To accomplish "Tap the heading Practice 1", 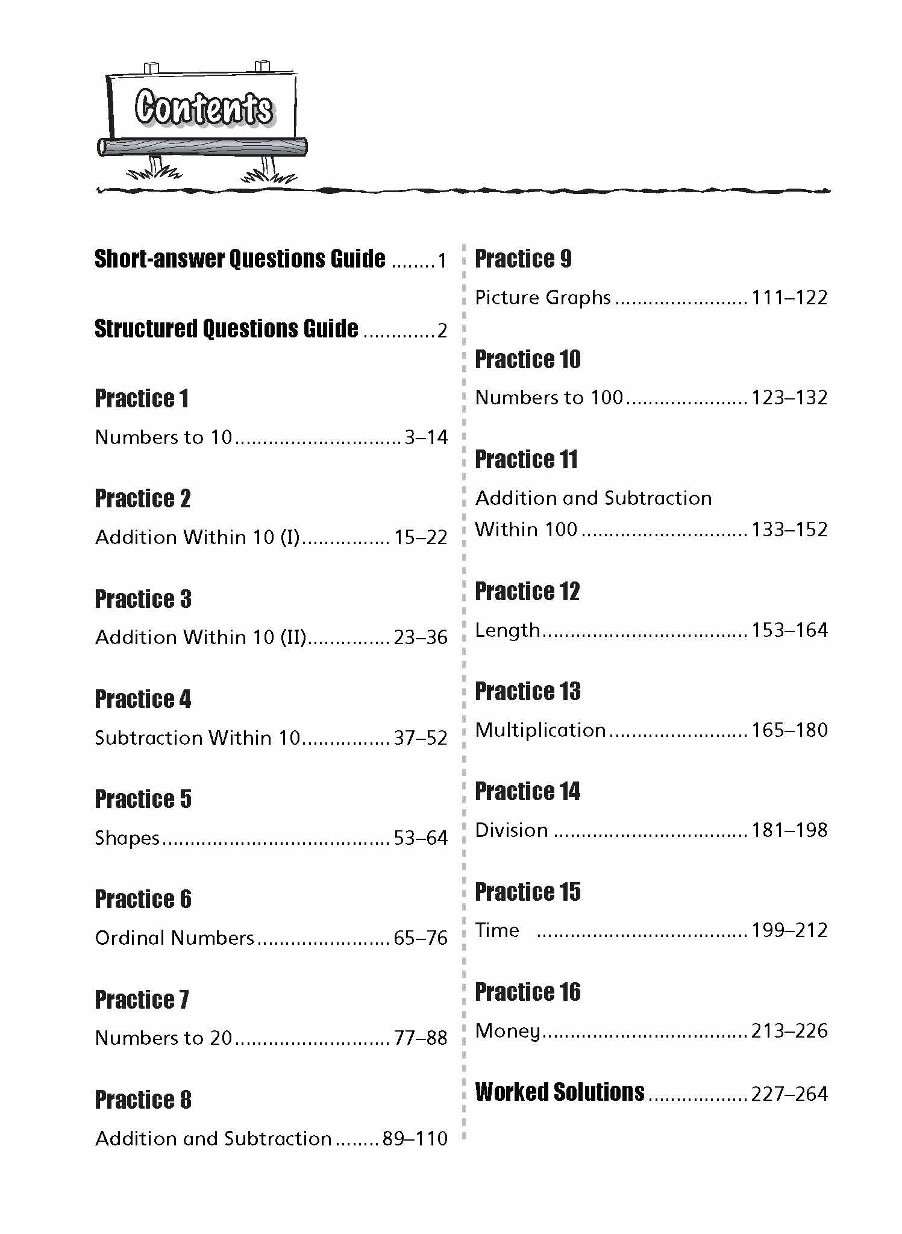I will coord(142,399).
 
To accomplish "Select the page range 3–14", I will coord(426,437).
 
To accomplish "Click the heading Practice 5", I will coord(143,800).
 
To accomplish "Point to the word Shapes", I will coord(127,838).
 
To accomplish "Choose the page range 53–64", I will coord(421,838).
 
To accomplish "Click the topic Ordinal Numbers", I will coord(175,938).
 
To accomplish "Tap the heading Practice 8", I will coord(143,1100).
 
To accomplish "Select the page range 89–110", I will coord(415,1139).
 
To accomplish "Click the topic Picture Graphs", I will coord(543,298).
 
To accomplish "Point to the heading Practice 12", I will coord(527,592).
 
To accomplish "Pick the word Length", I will coord(507,631).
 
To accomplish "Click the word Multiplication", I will coord(540,730).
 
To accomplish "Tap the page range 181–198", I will coord(789,830).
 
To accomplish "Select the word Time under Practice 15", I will coord(497,930).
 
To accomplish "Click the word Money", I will coord(507,1031).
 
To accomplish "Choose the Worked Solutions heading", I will coord(560,1092).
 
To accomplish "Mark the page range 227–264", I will coord(789,1094).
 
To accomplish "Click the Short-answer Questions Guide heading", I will coord(240,259).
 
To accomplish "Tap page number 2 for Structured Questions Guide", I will coord(442,331).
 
